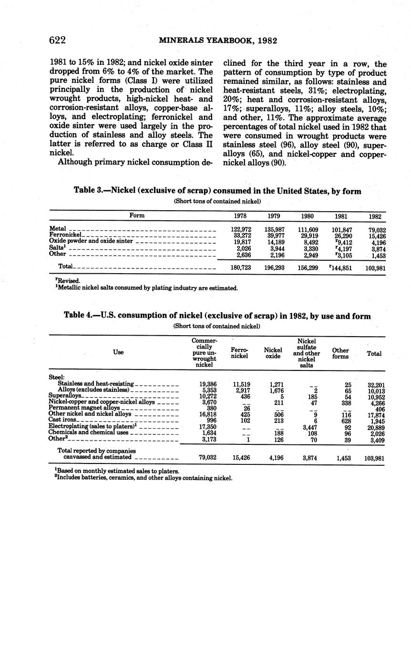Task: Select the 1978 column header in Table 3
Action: coord(240,216)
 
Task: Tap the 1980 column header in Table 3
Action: coord(308,216)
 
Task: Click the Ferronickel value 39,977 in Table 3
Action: coord(275,236)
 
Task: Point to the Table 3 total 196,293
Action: coord(275,268)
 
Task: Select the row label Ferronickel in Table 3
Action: coord(66,236)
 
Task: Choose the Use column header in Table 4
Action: coord(118,352)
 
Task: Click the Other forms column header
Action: coord(340,353)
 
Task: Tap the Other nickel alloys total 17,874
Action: coord(375,415)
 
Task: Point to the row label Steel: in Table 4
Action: coord(57,377)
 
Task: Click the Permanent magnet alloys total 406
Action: coord(380,409)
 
